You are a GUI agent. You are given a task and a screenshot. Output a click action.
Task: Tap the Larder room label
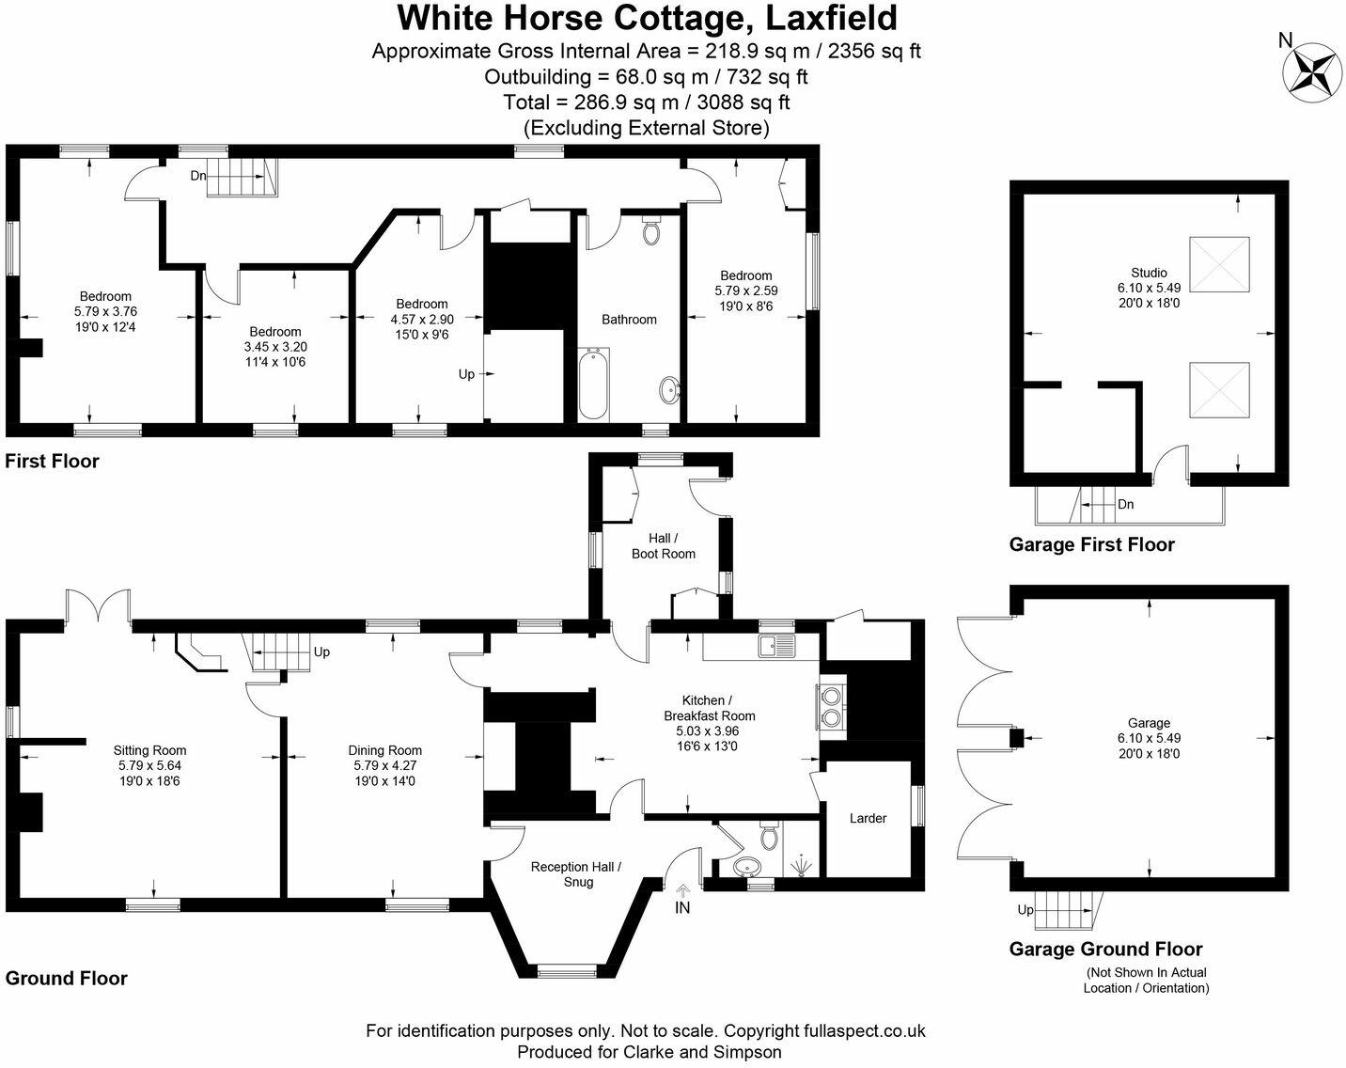pyautogui.click(x=868, y=819)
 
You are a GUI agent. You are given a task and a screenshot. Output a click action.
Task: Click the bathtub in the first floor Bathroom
pyautogui.click(x=593, y=385)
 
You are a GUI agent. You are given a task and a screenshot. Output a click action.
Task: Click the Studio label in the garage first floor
pyautogui.click(x=1149, y=274)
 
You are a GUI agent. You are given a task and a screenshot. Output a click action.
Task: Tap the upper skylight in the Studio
pyautogui.click(x=1220, y=267)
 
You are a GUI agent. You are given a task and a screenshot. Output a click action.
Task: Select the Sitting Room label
pyautogui.click(x=149, y=750)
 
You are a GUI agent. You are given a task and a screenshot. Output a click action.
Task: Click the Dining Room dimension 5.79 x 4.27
pyautogui.click(x=384, y=766)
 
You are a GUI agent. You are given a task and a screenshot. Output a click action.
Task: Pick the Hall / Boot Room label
pyautogui.click(x=663, y=545)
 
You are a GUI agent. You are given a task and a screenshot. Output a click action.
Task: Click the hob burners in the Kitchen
pyautogui.click(x=831, y=705)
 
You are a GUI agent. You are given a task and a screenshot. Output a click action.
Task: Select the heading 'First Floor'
pyautogui.click(x=53, y=462)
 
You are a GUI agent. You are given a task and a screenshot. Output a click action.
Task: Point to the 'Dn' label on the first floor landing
pyautogui.click(x=197, y=175)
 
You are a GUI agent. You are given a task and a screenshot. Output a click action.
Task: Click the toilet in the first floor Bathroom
pyautogui.click(x=650, y=231)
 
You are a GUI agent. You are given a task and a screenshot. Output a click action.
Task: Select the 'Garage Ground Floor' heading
pyautogui.click(x=1105, y=950)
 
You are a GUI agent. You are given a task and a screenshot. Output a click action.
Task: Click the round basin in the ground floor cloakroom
pyautogui.click(x=748, y=867)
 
